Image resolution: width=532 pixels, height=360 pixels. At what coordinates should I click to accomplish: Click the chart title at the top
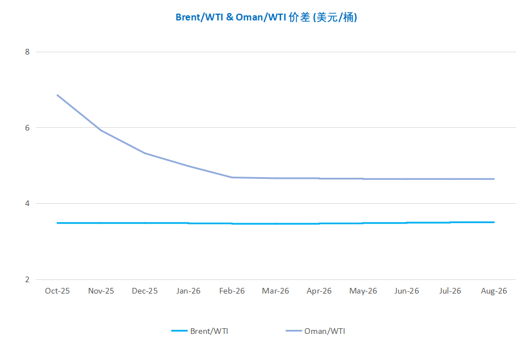click(266, 17)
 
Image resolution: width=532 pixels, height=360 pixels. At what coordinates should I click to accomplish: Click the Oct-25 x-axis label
click(57, 291)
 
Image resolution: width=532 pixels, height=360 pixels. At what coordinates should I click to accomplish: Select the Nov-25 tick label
click(101, 291)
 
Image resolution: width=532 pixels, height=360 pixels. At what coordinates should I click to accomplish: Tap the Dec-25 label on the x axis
click(145, 291)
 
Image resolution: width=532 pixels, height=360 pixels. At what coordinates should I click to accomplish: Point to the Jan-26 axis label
click(188, 291)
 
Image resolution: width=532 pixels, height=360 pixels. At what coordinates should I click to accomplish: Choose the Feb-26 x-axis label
click(232, 291)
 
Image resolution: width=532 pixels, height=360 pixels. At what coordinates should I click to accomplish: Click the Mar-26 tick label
click(275, 291)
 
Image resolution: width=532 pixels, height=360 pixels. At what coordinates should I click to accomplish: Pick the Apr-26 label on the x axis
click(319, 291)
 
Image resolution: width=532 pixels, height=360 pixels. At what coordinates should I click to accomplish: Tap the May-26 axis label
click(363, 291)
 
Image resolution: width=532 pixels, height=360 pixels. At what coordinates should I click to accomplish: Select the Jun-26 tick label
click(407, 291)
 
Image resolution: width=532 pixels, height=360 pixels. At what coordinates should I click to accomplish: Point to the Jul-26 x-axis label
click(450, 291)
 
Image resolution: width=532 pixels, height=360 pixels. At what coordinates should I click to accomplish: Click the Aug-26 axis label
click(494, 291)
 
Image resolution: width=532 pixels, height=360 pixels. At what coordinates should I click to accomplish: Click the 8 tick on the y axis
click(27, 52)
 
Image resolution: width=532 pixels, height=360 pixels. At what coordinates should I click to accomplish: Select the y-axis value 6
click(27, 128)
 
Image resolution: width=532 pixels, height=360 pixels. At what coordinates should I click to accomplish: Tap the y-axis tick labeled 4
click(27, 204)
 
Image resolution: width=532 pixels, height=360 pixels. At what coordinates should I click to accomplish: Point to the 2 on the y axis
click(27, 279)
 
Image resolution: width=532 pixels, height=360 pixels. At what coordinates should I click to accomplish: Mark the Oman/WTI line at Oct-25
click(57, 95)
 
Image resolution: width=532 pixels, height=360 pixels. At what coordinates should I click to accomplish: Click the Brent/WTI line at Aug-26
click(494, 222)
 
